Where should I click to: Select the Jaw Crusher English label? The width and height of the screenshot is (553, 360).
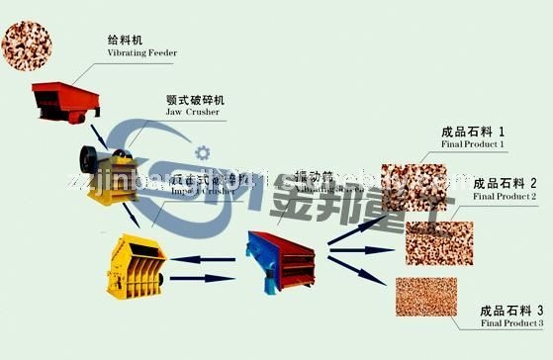(x=191, y=113)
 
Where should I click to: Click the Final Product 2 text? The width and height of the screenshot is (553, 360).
(x=506, y=197)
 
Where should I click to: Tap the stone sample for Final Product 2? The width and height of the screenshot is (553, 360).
(x=440, y=241)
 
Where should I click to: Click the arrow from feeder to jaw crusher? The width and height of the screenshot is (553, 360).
(x=96, y=134)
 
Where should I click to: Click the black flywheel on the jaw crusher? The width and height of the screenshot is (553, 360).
(x=90, y=158)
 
